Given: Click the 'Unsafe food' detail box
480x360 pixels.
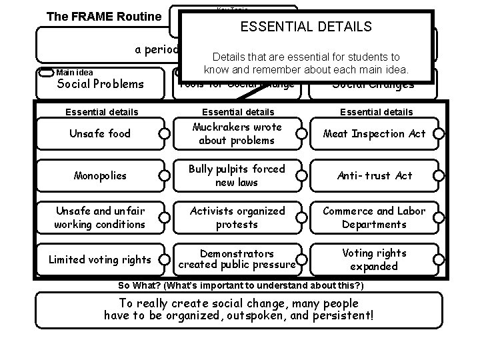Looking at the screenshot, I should pos(100,134).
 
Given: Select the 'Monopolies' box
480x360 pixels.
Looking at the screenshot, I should pos(100,176).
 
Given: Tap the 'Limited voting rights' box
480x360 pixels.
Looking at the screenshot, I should pos(100,259).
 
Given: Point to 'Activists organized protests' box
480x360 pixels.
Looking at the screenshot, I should pos(237,217).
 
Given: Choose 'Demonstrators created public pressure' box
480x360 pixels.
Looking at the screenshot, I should pos(237,259).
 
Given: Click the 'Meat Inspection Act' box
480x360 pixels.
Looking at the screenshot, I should pos(374,134).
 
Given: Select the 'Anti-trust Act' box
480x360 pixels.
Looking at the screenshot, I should pos(374,176).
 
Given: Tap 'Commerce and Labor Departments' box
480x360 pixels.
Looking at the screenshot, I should pos(374,217).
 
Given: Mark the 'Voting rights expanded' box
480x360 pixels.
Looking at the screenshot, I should pos(374,259).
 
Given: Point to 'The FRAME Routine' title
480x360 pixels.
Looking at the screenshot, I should pos(103,16).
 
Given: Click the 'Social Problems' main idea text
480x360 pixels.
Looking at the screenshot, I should pos(100,84).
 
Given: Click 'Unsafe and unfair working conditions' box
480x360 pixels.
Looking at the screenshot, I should pos(100,217).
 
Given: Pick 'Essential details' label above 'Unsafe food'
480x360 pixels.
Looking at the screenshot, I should pos(100,113).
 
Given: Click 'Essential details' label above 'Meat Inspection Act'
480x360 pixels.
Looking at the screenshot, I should pos(377,113).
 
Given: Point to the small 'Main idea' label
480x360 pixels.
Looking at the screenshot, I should pos(75,73).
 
